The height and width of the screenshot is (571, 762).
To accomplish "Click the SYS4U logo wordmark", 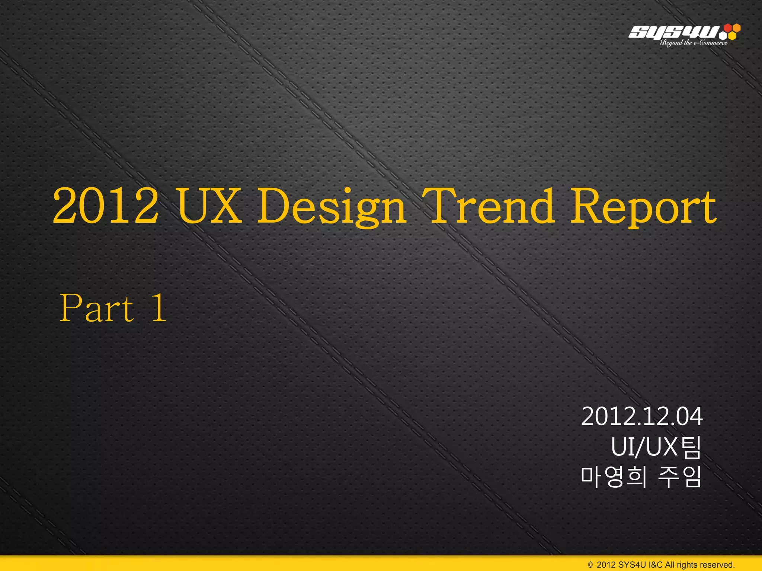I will [x=673, y=32].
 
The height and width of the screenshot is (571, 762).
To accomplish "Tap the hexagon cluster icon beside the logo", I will [x=730, y=32].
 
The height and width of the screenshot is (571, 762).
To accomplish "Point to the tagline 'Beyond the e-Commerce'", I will [x=694, y=43].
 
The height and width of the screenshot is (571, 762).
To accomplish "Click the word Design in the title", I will [x=332, y=207].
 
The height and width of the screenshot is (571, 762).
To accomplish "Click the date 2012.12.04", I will [x=642, y=417].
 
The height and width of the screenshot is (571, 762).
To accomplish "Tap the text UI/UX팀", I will [x=656, y=447].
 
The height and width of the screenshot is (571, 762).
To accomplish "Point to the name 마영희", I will [x=613, y=477].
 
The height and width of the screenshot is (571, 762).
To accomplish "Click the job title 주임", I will [x=679, y=477].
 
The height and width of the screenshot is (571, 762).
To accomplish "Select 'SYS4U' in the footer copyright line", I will [x=632, y=565].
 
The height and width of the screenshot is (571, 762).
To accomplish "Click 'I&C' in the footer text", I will [x=656, y=565].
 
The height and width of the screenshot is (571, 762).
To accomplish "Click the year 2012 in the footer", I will [x=606, y=565].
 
